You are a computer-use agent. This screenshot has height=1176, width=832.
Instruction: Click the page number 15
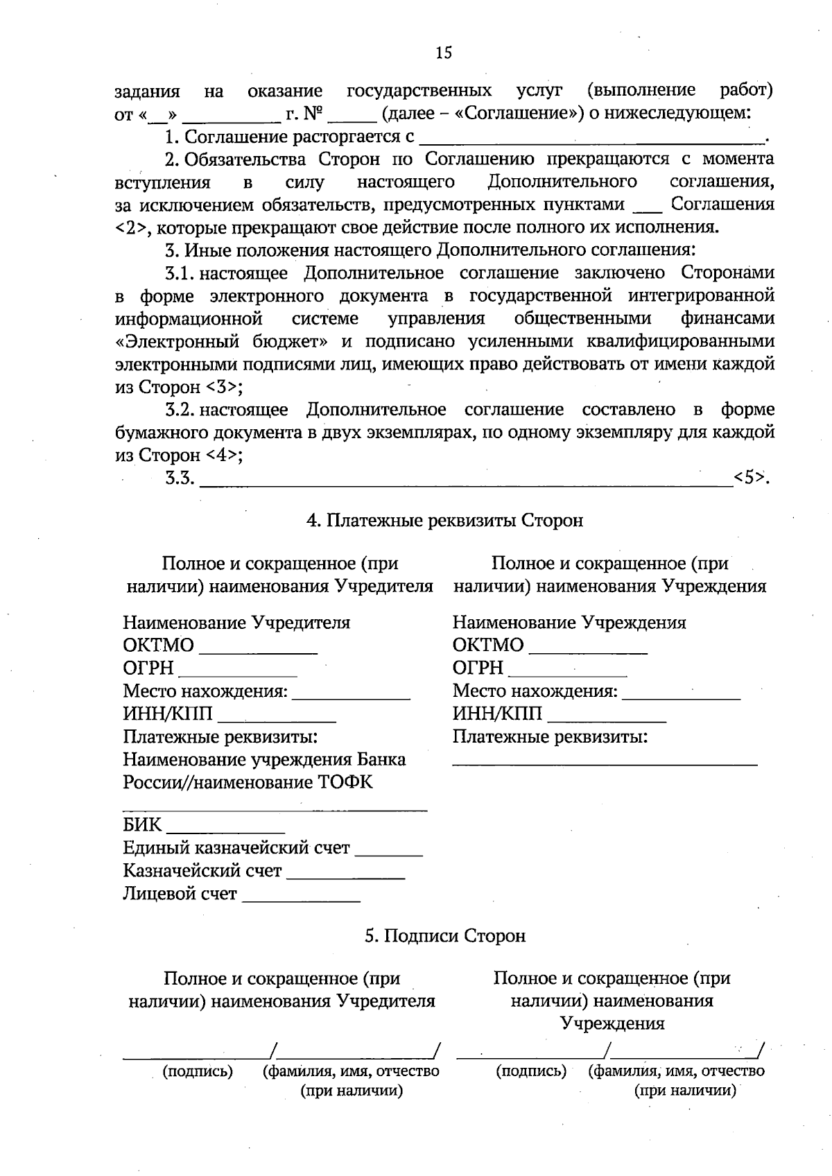point(444,53)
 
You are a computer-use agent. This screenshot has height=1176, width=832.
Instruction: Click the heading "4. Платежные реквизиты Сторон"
point(444,520)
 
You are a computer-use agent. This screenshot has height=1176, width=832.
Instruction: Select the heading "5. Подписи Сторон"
point(445,935)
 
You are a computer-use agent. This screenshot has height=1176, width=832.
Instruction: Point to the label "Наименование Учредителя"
point(236,622)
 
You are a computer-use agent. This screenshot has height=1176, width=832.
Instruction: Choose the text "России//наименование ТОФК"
point(248,782)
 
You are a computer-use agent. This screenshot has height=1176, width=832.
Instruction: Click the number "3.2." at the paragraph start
point(180,410)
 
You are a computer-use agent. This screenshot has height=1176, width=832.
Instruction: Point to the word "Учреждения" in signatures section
point(612,1023)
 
